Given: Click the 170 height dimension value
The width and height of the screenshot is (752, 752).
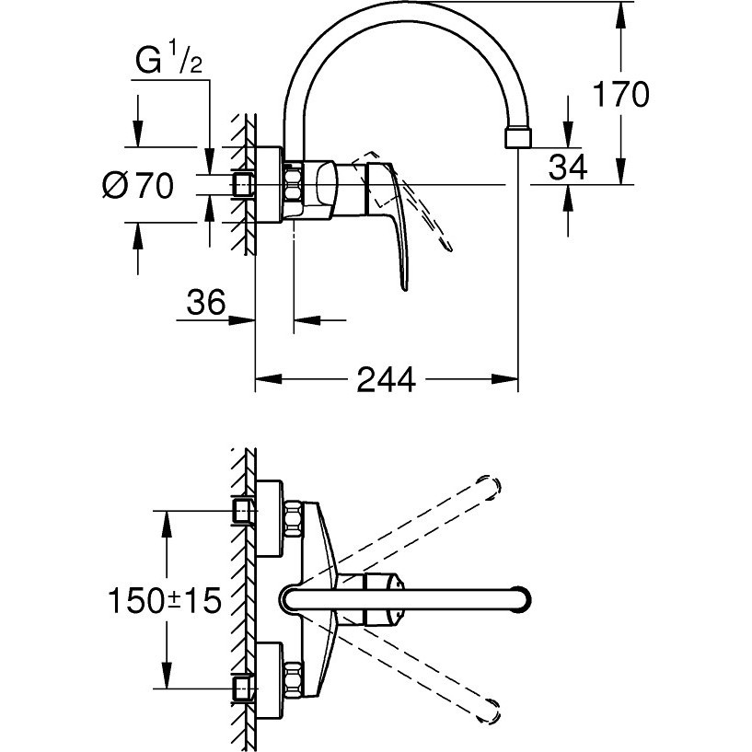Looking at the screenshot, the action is click(620, 94).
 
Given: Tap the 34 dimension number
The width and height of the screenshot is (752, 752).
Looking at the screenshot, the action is click(568, 168).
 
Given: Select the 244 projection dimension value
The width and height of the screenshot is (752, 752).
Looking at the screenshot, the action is click(386, 379).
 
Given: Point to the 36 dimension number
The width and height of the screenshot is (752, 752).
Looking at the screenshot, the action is click(206, 302).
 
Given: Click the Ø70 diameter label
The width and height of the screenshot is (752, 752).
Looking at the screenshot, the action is click(138, 185).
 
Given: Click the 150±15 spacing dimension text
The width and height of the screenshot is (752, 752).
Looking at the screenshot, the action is click(165, 600).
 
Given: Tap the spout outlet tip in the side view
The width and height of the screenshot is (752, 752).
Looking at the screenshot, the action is click(518, 138).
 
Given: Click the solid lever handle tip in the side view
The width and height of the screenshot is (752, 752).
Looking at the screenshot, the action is click(405, 288).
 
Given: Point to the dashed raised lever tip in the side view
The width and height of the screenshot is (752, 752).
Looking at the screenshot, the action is click(449, 248).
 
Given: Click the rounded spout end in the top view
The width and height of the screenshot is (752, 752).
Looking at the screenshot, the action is click(521, 600).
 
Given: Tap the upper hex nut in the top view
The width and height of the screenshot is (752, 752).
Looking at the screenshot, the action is click(294, 519).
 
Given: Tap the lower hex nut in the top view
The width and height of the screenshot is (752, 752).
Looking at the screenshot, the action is click(294, 680).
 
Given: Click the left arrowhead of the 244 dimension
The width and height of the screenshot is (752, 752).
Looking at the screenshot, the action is click(268, 379).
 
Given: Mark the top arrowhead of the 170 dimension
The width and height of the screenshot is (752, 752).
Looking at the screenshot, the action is click(620, 15).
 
